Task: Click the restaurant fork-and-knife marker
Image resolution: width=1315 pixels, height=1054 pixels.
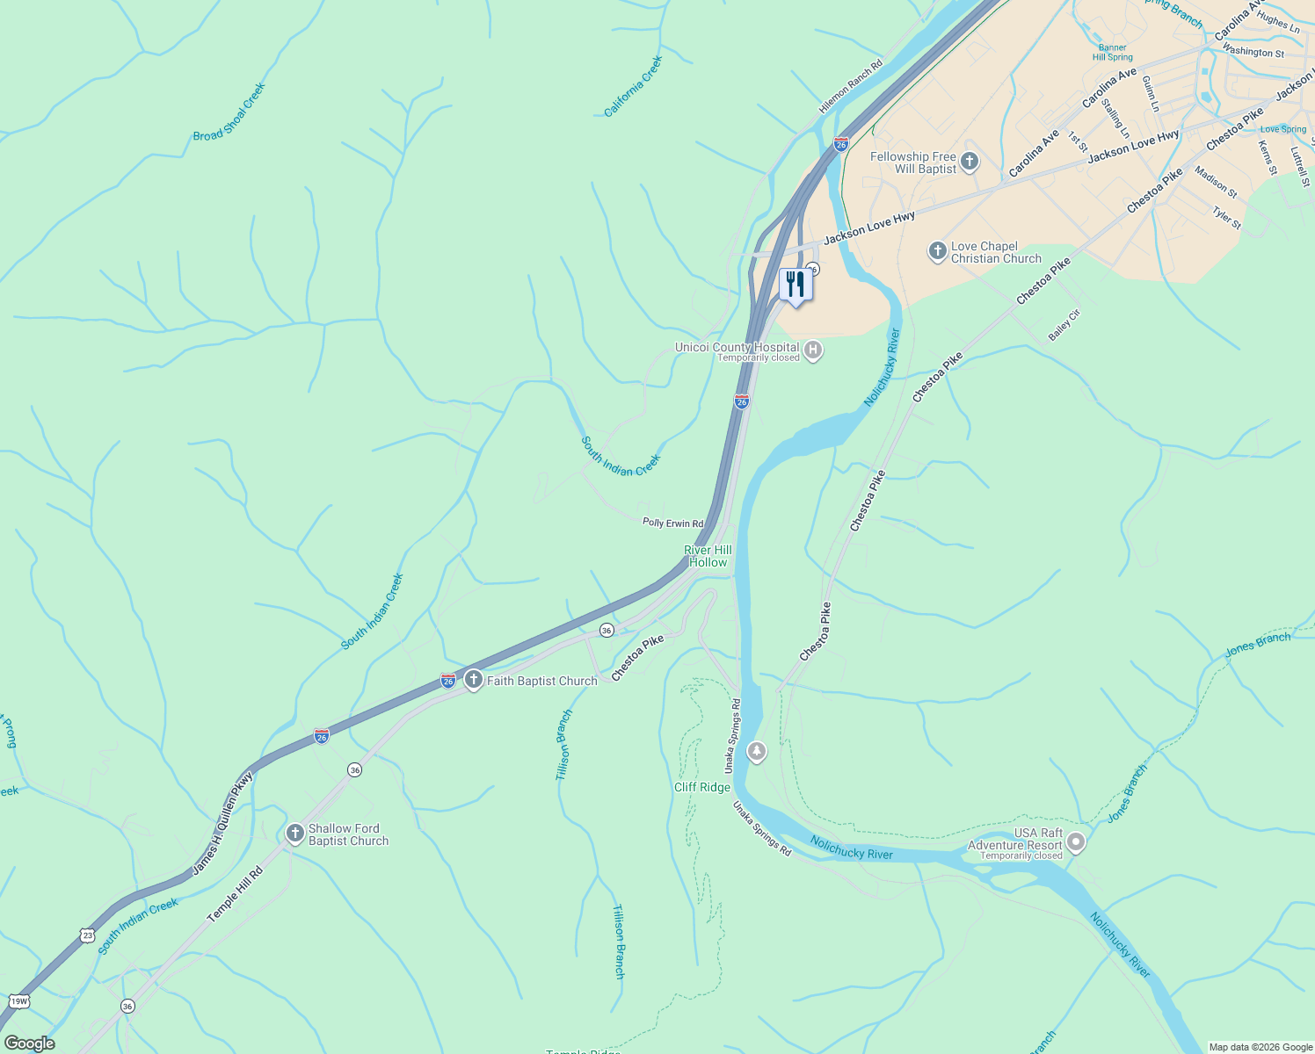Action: [x=796, y=285]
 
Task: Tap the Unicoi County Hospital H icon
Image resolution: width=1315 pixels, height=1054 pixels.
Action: [x=813, y=351]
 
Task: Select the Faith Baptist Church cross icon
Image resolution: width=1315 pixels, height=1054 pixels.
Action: [x=474, y=680]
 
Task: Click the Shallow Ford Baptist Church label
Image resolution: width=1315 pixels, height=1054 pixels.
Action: [x=348, y=834]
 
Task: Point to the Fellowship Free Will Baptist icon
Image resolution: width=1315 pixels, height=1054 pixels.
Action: [x=970, y=162]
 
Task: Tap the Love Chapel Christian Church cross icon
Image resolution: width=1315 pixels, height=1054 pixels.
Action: [x=937, y=251]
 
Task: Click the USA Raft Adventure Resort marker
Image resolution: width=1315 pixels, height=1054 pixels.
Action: [x=1075, y=843]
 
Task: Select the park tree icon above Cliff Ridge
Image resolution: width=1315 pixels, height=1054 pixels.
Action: [x=756, y=752]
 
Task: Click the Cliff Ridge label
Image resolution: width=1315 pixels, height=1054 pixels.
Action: [x=701, y=787]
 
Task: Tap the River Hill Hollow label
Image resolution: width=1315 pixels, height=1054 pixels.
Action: [x=708, y=556]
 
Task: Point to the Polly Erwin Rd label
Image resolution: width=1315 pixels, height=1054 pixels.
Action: [x=672, y=523]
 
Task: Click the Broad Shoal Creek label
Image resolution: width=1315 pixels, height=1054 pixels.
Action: [x=229, y=112]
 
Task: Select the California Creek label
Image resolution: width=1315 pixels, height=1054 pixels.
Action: [x=633, y=86]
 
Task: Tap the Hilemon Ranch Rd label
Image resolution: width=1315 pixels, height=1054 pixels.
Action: [x=850, y=87]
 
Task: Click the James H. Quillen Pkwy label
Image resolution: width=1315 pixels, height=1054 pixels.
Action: [x=222, y=823]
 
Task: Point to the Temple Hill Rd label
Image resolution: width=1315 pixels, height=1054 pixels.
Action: [x=235, y=894]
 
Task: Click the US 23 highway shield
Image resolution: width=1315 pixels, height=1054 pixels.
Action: [x=87, y=935]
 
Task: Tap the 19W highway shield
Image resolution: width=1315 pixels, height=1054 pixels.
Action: [x=18, y=1001]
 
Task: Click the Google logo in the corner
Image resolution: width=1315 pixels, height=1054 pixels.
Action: [x=29, y=1043]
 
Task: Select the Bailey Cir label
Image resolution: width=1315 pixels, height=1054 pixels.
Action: [x=1064, y=325]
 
